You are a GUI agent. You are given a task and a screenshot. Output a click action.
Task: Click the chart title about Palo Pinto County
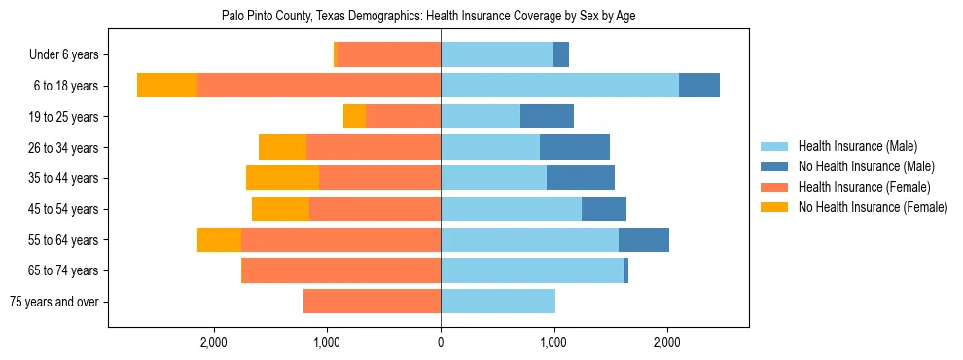pos(429,17)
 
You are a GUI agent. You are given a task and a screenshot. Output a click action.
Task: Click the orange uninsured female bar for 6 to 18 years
pos(167,86)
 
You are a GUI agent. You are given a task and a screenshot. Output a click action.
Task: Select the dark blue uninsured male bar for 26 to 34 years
pos(575,147)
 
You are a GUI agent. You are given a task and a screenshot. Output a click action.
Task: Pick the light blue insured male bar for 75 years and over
pos(498,302)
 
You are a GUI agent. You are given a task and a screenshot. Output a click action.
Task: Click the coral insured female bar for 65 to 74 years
pos(340,270)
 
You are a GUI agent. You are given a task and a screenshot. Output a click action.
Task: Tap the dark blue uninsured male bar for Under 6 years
pos(561,55)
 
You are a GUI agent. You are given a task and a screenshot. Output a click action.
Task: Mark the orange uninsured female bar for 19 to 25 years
pos(354,117)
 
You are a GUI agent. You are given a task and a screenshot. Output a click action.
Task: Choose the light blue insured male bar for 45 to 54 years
pos(511,209)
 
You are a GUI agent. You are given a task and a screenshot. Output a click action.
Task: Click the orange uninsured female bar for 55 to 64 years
pos(219,240)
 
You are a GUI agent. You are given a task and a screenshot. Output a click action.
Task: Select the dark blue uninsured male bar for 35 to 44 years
pos(581,178)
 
